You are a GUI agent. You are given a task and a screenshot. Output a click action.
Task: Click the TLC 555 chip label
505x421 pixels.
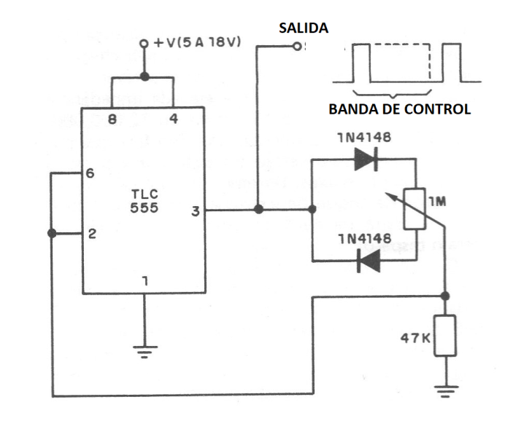pyautogui.click(x=143, y=202)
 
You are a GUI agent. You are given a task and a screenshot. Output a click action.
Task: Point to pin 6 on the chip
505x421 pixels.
pyautogui.click(x=90, y=174)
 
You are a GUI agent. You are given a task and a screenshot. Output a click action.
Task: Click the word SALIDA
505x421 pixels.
pyautogui.click(x=304, y=28)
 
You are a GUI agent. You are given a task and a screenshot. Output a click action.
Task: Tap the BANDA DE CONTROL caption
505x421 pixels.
pyautogui.click(x=399, y=110)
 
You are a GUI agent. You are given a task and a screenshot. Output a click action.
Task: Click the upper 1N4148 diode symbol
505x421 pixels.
pyautogui.click(x=365, y=161)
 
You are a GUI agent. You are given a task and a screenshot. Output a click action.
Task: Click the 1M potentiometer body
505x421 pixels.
pyautogui.click(x=415, y=208)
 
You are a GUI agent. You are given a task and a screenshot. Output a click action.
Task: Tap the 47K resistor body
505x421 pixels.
pyautogui.click(x=444, y=336)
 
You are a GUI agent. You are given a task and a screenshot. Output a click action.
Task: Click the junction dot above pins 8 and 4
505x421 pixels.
pyautogui.click(x=144, y=76)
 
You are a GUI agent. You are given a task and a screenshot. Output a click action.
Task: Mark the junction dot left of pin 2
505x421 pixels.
pyautogui.click(x=51, y=233)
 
